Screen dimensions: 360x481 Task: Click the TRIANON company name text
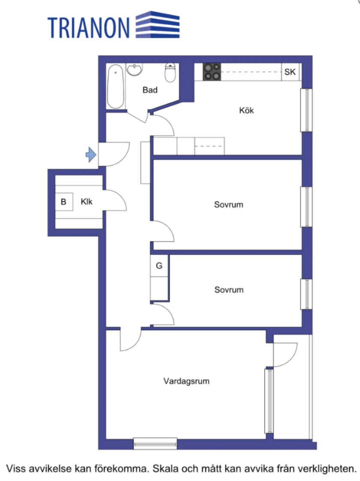click(x=89, y=27)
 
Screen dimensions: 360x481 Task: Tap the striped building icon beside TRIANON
click(x=157, y=24)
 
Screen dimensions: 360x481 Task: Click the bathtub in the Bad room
click(x=116, y=86)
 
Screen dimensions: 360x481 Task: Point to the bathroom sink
click(x=134, y=69)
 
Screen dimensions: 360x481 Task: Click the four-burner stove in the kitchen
click(x=212, y=72)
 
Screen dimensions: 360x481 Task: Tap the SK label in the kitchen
click(x=290, y=72)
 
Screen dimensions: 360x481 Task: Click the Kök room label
click(x=246, y=111)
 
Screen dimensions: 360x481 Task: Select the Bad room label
click(x=150, y=90)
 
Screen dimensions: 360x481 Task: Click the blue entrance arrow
click(x=91, y=154)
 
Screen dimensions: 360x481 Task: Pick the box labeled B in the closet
click(x=64, y=201)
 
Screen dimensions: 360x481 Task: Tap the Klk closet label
click(x=87, y=201)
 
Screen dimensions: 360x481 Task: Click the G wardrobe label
click(x=159, y=266)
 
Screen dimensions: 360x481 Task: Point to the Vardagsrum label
click(x=186, y=381)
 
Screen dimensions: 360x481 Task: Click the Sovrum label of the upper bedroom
click(x=229, y=204)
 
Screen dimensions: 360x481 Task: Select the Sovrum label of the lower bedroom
click(x=229, y=290)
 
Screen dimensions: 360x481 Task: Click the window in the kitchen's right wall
click(x=306, y=110)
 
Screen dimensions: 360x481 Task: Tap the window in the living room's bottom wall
click(x=155, y=444)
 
